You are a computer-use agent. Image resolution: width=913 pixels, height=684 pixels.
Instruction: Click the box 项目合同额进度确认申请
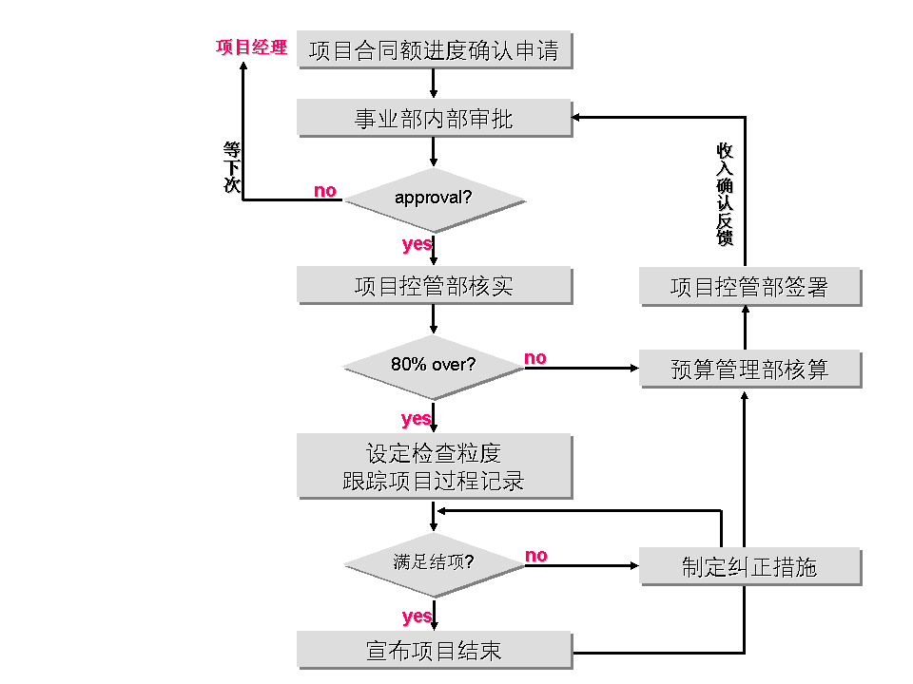click(435, 50)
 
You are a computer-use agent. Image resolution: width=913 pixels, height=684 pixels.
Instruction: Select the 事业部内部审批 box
click(435, 119)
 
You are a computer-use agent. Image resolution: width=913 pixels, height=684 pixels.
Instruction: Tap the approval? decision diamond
click(434, 199)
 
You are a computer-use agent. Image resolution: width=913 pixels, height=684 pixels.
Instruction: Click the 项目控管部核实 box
click(435, 285)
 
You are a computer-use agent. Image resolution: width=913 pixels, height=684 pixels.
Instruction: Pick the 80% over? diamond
click(434, 365)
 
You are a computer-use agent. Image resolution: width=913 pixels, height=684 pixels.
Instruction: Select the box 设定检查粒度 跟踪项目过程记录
click(435, 465)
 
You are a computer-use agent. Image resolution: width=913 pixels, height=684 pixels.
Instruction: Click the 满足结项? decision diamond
click(434, 562)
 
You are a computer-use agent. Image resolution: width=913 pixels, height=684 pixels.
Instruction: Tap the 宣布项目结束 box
click(435, 650)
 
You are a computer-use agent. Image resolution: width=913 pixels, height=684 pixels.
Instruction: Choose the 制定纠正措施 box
click(750, 567)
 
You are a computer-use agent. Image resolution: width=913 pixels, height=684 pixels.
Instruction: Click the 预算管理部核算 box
click(750, 369)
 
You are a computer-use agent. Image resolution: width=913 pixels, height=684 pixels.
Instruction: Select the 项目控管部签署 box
click(750, 287)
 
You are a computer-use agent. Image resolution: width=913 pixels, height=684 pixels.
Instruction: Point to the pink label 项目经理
click(251, 47)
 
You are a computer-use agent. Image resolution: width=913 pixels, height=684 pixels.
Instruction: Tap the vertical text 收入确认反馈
click(725, 195)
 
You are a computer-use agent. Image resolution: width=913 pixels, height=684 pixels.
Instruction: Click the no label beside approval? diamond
click(325, 191)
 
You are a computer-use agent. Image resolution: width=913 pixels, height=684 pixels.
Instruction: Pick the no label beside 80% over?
click(535, 358)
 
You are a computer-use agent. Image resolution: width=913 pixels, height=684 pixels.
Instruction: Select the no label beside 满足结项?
click(536, 556)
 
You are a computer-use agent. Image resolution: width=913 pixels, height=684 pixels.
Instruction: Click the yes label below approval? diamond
click(417, 244)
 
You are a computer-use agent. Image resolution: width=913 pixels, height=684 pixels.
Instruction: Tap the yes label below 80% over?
click(417, 419)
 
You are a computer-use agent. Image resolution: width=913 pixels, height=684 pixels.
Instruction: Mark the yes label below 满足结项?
click(417, 617)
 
